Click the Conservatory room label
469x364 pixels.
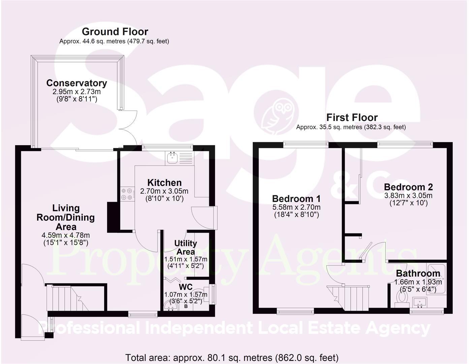point(76,83)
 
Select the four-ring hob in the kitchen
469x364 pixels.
point(127,194)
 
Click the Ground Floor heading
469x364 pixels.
point(115,32)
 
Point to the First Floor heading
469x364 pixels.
point(352,118)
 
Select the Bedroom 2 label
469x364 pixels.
point(408,187)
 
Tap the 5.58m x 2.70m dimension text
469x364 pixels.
point(296,207)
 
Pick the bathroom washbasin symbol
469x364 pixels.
point(419,301)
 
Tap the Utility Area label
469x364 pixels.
point(186,247)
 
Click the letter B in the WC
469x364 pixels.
point(186,307)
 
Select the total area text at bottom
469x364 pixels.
point(232,358)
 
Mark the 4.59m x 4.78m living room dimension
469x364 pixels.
point(66,236)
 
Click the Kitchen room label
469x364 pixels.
point(164,183)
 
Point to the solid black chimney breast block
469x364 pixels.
point(112,217)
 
